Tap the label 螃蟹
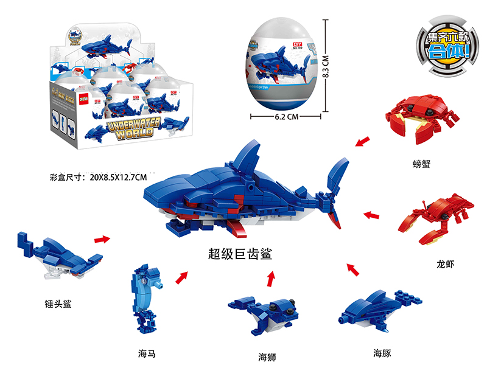(x=421, y=163)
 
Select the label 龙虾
(x=445, y=264)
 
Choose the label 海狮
(x=267, y=356)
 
